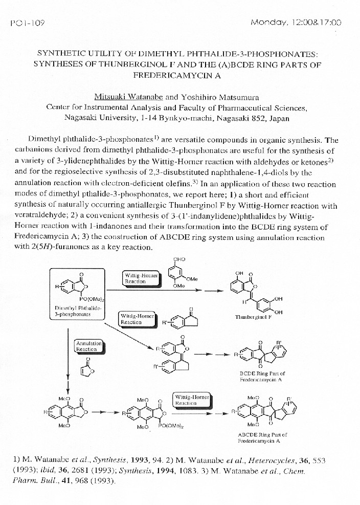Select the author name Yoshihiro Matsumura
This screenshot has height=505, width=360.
220,97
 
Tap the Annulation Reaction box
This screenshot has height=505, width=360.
89,345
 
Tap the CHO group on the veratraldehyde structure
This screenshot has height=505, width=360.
179,259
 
